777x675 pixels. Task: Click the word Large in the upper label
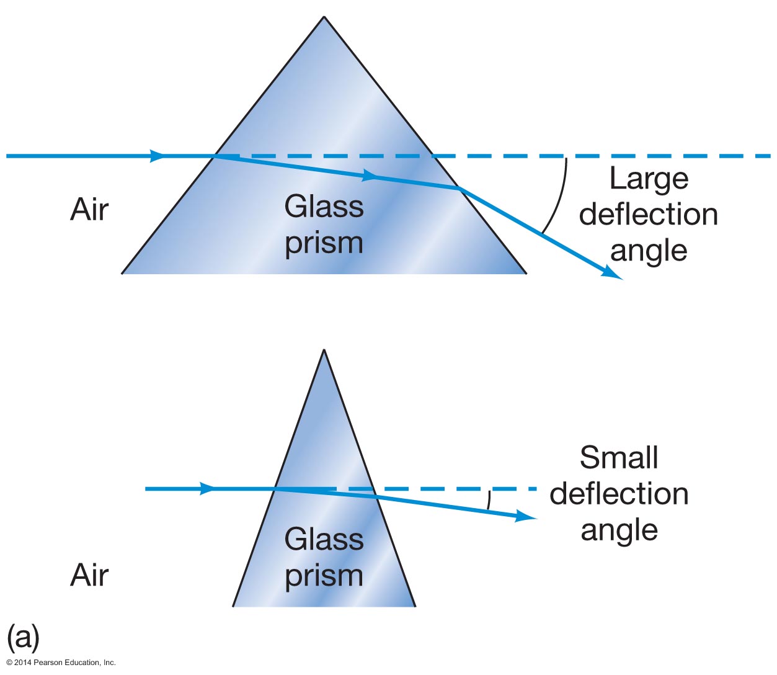coord(649,179)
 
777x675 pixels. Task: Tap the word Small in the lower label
coord(619,458)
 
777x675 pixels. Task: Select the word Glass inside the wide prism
coord(324,207)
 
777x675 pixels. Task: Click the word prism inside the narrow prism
coord(324,576)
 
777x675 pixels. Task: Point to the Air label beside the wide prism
coord(89,210)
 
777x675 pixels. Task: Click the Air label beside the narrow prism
coord(89,575)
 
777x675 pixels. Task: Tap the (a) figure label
coord(23,637)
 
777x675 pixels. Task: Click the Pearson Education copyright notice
coord(61,663)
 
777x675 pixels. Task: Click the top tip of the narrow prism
coord(324,351)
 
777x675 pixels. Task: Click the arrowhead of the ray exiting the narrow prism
coord(527,516)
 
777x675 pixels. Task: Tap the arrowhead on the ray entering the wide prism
coord(158,156)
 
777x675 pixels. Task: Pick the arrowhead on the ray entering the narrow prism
coord(207,489)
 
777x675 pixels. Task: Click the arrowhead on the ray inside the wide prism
coord(370,176)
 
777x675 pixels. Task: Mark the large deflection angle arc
coord(560,195)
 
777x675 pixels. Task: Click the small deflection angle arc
coord(489,499)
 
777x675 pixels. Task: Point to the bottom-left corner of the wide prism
coord(122,273)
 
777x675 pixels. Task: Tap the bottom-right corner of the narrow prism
coord(415,606)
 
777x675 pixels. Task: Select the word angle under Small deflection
coord(619,531)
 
